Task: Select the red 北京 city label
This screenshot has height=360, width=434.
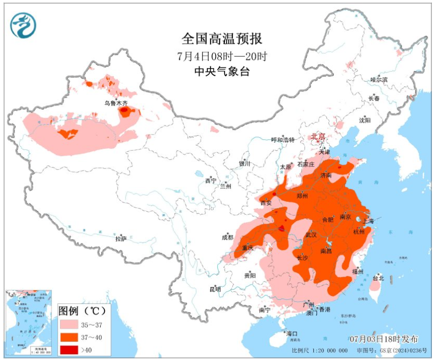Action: (x=318, y=136)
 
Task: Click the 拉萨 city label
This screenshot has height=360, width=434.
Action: (x=121, y=238)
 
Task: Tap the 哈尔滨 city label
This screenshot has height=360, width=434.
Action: (x=379, y=80)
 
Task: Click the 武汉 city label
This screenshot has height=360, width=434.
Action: (x=311, y=235)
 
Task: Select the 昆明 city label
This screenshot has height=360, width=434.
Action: (x=215, y=289)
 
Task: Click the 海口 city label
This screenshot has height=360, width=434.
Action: (x=291, y=333)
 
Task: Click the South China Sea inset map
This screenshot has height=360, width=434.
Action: (x=28, y=323)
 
